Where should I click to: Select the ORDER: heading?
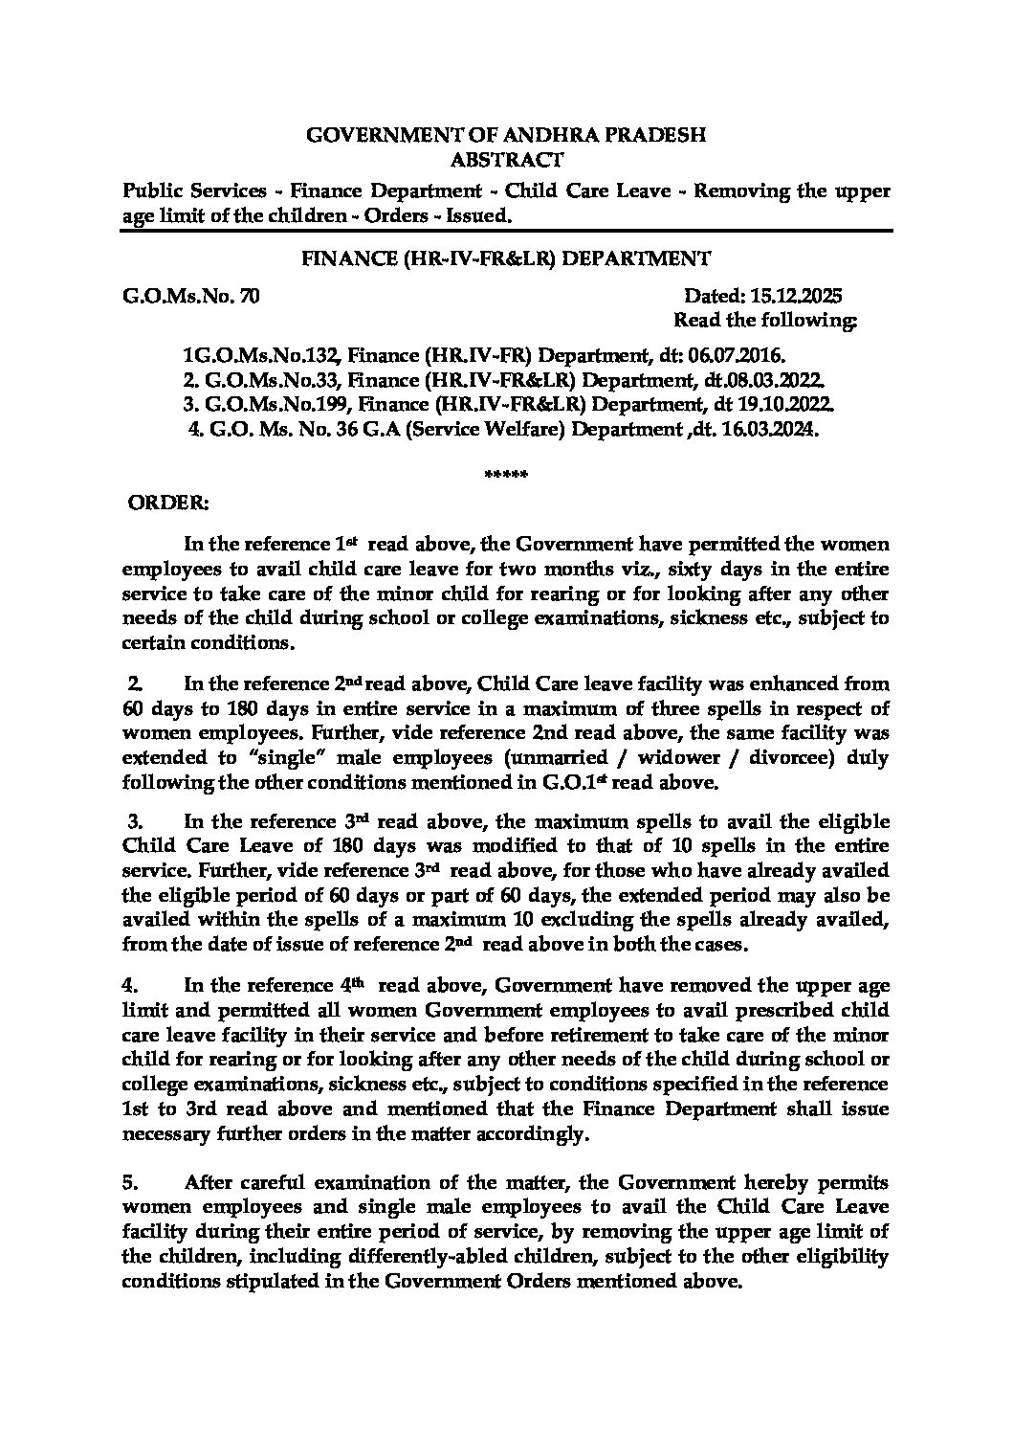pos(168,501)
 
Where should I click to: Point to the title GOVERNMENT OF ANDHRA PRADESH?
pos(506,135)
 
